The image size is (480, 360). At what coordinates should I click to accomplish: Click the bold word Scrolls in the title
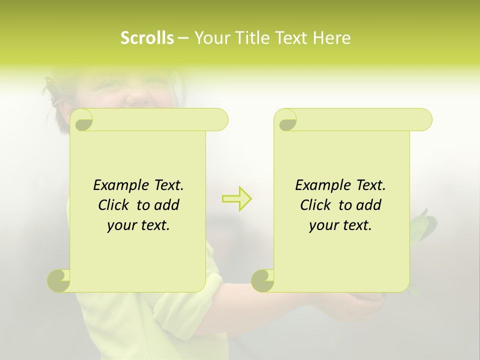coord(147,38)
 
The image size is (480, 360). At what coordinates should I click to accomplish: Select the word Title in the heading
coord(251,38)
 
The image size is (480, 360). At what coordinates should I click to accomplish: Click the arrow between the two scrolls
coord(237,199)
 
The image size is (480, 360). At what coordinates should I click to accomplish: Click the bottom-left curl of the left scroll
coord(59,280)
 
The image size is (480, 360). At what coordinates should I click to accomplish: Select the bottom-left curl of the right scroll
coord(263,280)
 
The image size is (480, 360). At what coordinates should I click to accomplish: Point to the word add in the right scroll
coord(369,205)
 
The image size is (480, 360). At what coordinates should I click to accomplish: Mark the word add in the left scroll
coord(167,205)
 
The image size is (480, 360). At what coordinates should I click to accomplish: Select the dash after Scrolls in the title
coord(183,38)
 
